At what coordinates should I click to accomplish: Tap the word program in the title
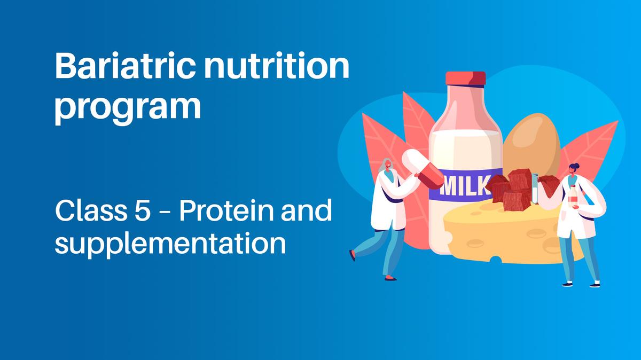[x=128, y=107]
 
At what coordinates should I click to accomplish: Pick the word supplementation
[x=170, y=245]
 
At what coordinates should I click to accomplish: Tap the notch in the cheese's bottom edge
[x=497, y=261]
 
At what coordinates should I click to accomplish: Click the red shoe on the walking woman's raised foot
[x=352, y=255]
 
